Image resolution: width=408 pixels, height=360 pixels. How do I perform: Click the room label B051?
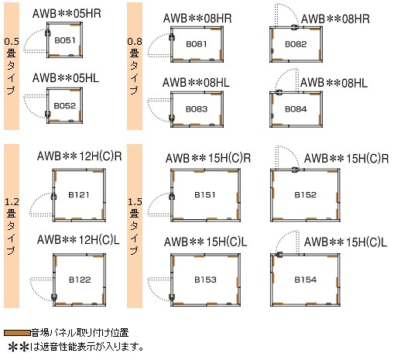(65, 40)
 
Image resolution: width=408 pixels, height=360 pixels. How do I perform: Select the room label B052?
(64, 105)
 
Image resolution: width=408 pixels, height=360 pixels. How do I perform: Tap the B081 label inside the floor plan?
(197, 44)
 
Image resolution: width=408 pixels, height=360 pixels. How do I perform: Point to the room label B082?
(296, 44)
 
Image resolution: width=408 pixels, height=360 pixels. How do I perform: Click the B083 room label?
(197, 109)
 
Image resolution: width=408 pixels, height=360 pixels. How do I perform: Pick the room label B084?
(296, 109)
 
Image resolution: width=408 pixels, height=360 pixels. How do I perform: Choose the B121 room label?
(79, 194)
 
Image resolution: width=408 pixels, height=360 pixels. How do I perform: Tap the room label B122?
(80, 279)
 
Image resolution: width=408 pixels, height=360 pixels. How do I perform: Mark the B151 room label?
(205, 194)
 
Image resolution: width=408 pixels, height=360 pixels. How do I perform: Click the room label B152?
(305, 194)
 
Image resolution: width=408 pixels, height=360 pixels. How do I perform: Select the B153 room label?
(205, 279)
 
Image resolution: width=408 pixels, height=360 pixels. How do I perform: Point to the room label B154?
(306, 279)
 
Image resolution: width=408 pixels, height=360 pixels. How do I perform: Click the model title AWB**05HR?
(67, 13)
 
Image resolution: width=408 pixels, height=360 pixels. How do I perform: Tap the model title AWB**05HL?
(66, 77)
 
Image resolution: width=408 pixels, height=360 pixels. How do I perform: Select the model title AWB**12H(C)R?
(80, 156)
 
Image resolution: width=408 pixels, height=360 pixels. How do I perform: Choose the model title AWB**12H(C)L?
(78, 239)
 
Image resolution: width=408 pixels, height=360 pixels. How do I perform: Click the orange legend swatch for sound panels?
(17, 333)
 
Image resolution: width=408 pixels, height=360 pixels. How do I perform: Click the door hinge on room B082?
(295, 27)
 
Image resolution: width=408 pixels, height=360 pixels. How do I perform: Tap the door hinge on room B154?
(279, 255)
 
